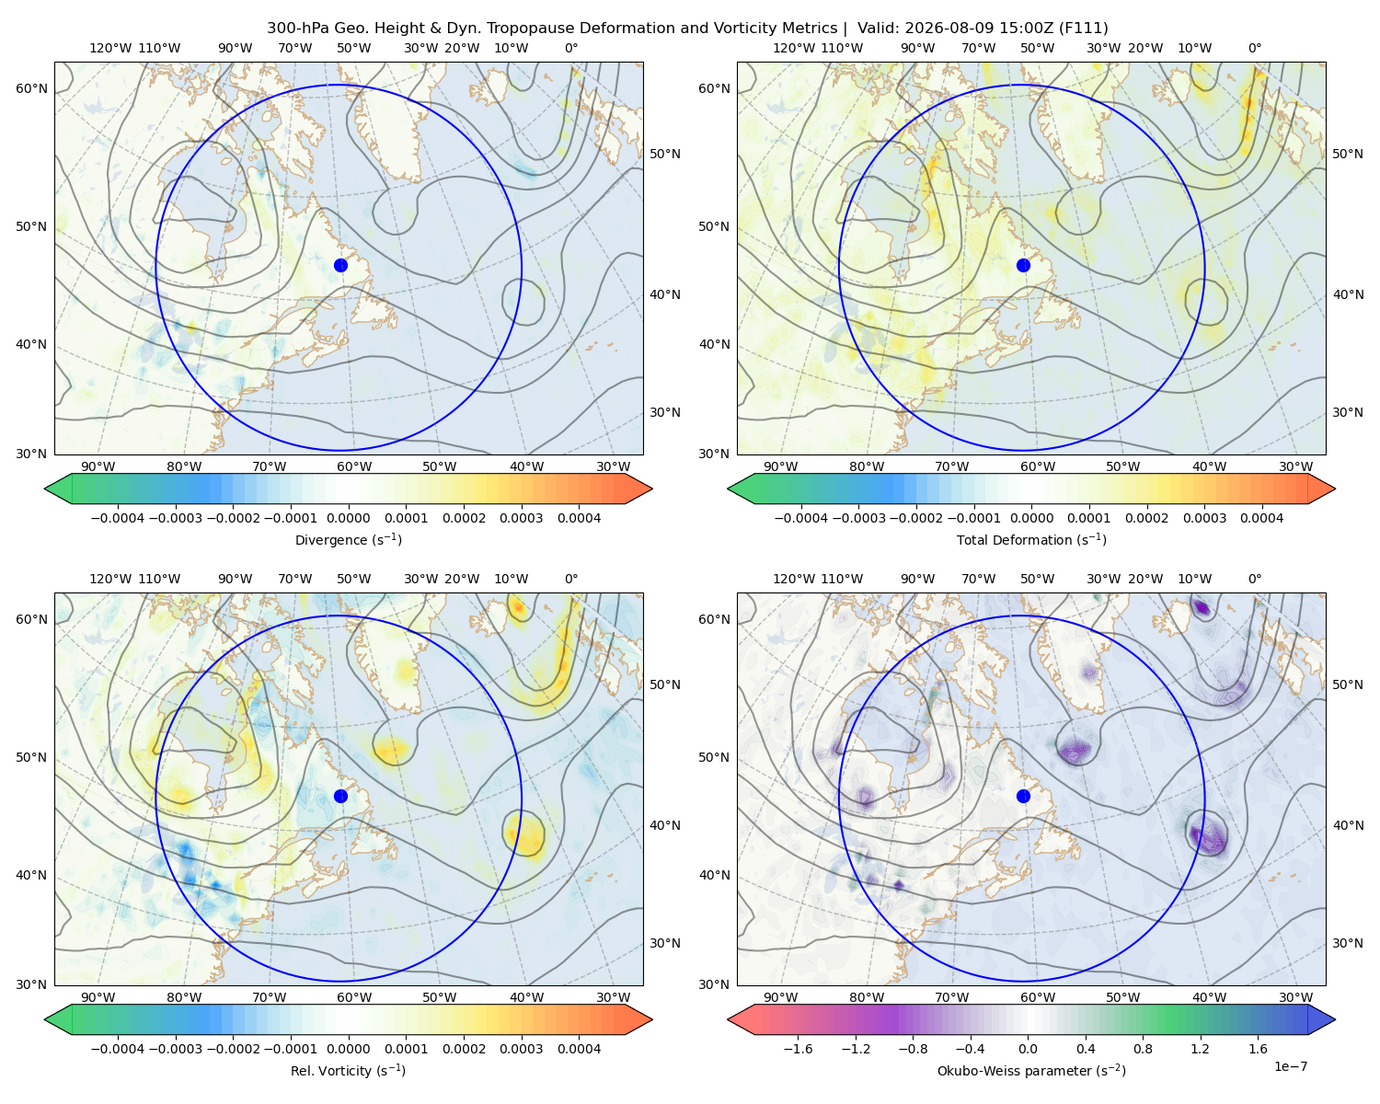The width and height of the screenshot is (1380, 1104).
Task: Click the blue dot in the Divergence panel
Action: pyautogui.click(x=340, y=266)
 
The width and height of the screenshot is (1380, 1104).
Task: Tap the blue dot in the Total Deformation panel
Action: pyautogui.click(x=1023, y=266)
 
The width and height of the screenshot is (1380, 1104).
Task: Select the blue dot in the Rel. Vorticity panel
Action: pyautogui.click(x=340, y=796)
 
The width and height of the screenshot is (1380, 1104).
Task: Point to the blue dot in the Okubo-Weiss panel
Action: pyautogui.click(x=1023, y=796)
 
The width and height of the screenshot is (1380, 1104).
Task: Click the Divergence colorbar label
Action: pyautogui.click(x=348, y=540)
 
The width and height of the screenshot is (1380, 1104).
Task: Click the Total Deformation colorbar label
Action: pyautogui.click(x=1031, y=540)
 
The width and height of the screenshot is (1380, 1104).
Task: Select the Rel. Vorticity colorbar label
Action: pyautogui.click(x=348, y=1071)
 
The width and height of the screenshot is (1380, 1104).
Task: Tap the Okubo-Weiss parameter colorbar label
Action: pyautogui.click(x=1031, y=1071)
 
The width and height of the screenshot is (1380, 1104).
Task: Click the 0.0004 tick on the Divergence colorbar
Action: pyautogui.click(x=579, y=518)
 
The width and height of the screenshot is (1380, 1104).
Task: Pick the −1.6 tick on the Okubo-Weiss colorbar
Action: pyautogui.click(x=799, y=1049)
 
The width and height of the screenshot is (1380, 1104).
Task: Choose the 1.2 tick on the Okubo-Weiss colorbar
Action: pyautogui.click(x=1200, y=1049)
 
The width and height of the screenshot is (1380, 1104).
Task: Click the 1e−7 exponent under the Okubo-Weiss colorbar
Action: pyautogui.click(x=1290, y=1066)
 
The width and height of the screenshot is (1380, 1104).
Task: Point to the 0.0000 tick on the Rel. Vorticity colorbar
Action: pyautogui.click(x=348, y=1049)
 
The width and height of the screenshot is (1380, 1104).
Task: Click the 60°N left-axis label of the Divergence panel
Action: pyautogui.click(x=31, y=88)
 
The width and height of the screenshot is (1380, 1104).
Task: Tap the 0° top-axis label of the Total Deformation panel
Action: pyautogui.click(x=1255, y=48)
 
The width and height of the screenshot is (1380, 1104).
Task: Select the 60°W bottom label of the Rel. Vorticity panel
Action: pyautogui.click(x=354, y=997)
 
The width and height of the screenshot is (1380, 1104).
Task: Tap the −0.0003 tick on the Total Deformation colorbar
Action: pyautogui.click(x=858, y=518)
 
